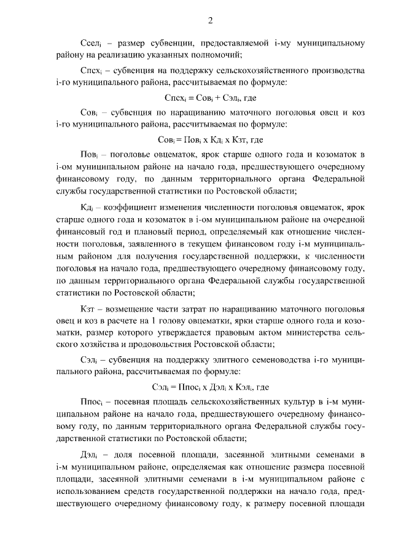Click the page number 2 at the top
tap(210, 20)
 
